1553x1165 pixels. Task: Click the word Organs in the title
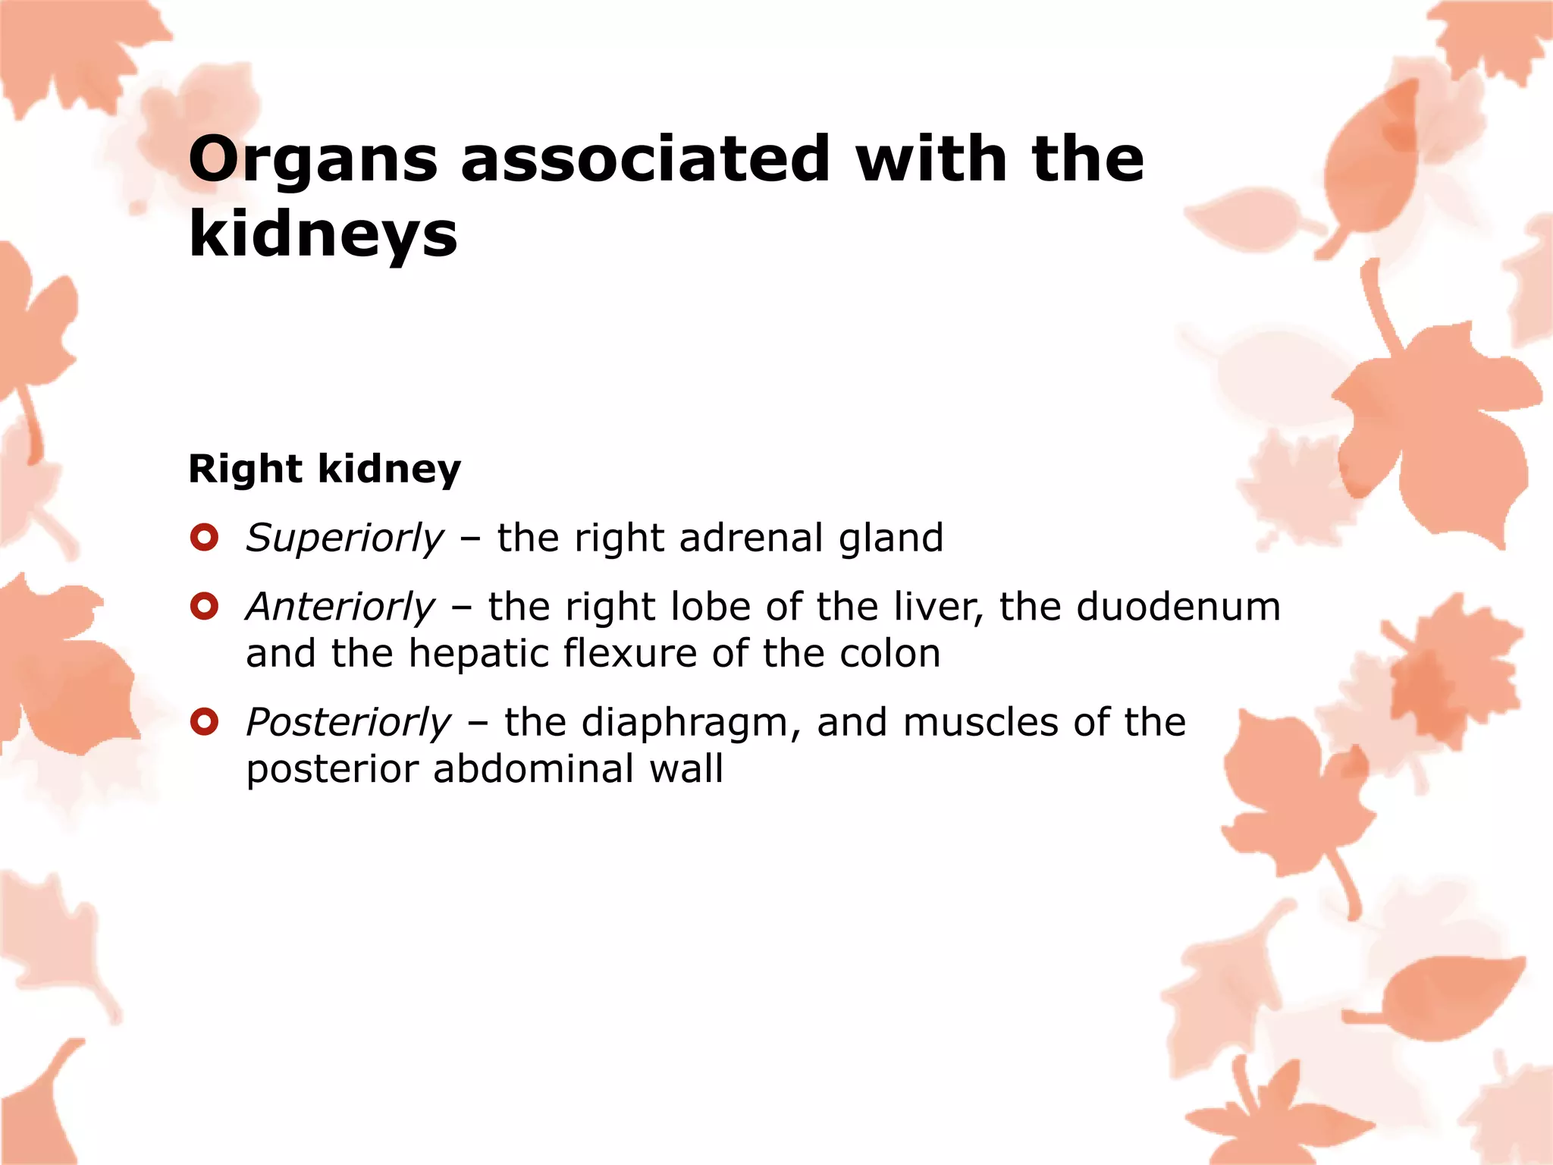tap(313, 161)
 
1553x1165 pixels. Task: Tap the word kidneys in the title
tap(323, 234)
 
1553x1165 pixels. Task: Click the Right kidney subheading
tap(325, 469)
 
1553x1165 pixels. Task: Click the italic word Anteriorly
tap(340, 608)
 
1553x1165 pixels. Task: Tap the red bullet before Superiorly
tap(205, 538)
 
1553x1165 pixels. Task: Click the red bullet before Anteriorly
tap(205, 607)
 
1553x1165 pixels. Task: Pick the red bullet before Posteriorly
tap(205, 722)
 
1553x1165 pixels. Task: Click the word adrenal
tap(751, 539)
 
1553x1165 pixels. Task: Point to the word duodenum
tap(1178, 608)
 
